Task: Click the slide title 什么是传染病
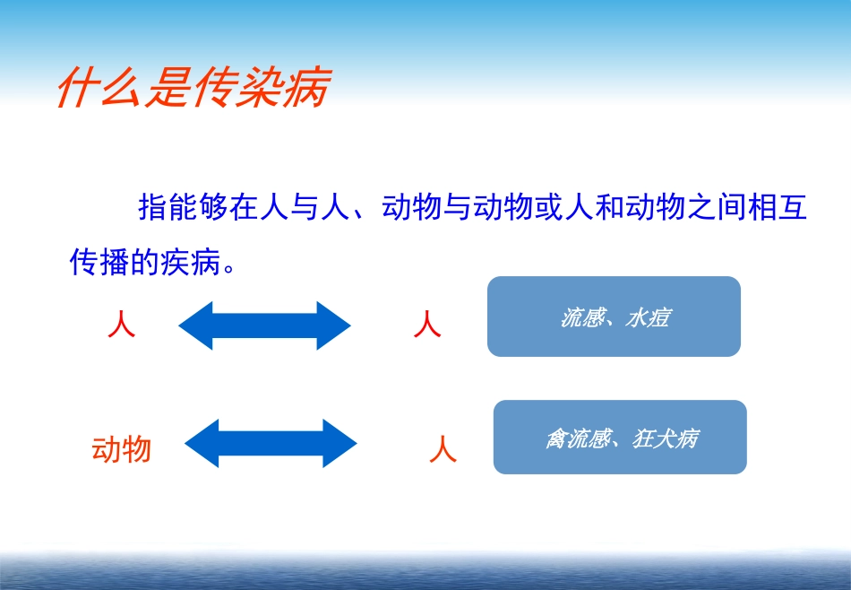click(x=193, y=88)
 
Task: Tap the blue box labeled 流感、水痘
click(x=614, y=317)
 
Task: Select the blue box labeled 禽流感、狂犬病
click(x=620, y=437)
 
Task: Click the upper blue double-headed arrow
click(x=264, y=325)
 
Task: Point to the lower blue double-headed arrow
click(x=271, y=443)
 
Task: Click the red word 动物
click(x=121, y=448)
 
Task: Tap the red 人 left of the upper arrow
click(x=121, y=325)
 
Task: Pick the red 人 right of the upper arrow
click(x=427, y=325)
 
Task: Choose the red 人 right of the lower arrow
click(x=443, y=448)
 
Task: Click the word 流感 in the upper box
click(x=581, y=317)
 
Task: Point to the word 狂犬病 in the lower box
click(x=665, y=438)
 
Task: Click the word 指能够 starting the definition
click(x=182, y=208)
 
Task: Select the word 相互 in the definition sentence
click(x=778, y=208)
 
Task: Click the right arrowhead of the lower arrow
click(x=341, y=443)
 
